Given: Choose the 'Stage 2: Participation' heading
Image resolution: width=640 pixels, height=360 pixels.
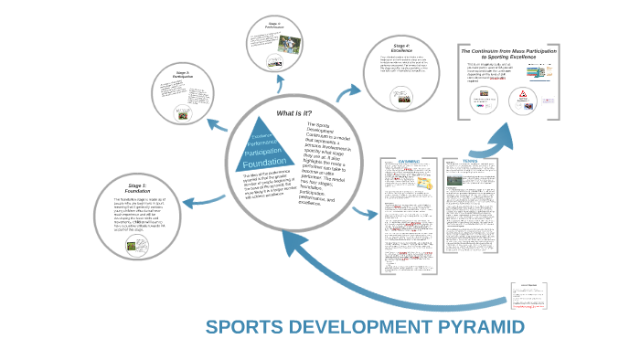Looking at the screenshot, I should point(182,73).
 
